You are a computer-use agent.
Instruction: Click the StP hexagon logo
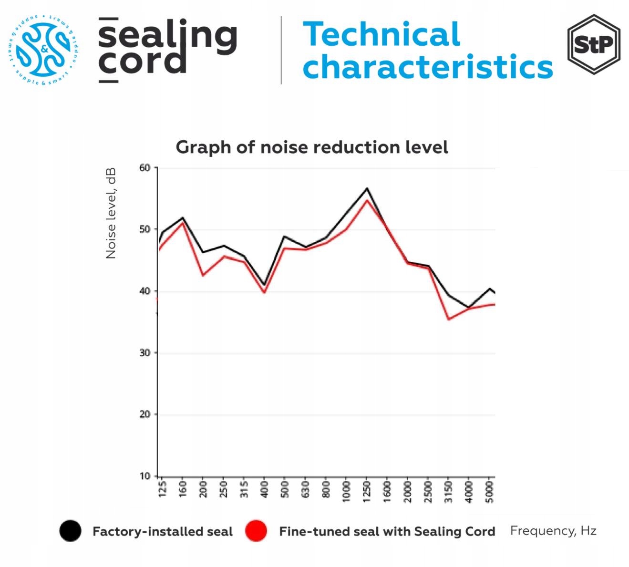[x=594, y=44]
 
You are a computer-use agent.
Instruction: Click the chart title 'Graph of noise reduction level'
[x=312, y=147]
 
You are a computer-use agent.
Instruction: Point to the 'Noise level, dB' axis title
[x=111, y=213]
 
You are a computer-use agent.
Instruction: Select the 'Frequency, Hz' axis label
[x=553, y=531]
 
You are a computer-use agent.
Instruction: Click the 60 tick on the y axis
[x=145, y=167]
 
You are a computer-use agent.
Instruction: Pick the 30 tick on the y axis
[x=145, y=352]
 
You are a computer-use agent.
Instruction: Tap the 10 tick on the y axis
[x=145, y=476]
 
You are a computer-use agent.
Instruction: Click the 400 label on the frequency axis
[x=264, y=490]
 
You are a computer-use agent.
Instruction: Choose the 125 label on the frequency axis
[x=162, y=490]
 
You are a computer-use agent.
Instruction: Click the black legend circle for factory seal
[x=70, y=531]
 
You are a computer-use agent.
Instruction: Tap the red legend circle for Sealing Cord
[x=256, y=531]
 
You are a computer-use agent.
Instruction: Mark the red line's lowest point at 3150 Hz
[x=449, y=319]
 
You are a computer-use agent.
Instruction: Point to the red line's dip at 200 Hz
[x=203, y=275]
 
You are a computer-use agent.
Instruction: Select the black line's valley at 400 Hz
[x=264, y=285]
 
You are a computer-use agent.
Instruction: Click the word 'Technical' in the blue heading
[x=382, y=34]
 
